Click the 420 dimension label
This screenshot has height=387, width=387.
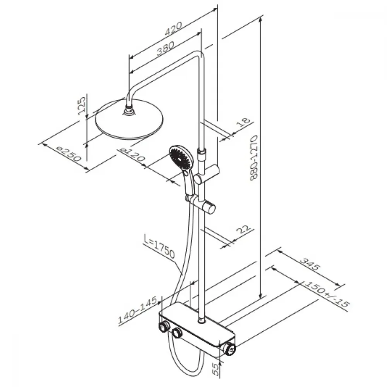(173, 29)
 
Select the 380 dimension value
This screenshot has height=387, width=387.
(166, 48)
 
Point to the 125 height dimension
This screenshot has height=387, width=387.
(82, 105)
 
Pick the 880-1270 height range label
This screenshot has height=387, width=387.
(254, 158)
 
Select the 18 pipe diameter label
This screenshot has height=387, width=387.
(243, 122)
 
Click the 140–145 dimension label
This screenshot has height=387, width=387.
(137, 310)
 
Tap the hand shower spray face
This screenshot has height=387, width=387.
(180, 157)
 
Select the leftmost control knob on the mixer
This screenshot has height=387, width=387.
(163, 327)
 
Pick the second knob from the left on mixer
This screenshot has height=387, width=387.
(177, 333)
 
